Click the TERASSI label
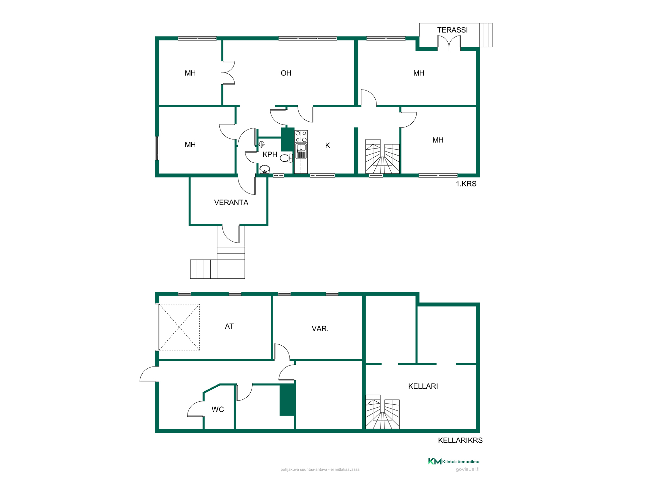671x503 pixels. (x=452, y=30)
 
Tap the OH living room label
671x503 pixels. (x=286, y=73)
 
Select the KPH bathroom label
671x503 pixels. (x=270, y=155)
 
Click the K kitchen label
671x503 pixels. (x=328, y=146)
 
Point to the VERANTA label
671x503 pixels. (x=231, y=203)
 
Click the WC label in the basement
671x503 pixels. (x=218, y=409)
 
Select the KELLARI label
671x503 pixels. (x=423, y=386)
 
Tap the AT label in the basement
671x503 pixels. (x=229, y=327)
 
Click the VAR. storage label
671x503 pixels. (x=320, y=329)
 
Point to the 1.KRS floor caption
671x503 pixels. (x=466, y=184)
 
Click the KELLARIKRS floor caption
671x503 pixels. (x=460, y=440)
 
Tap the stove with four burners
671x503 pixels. (x=301, y=136)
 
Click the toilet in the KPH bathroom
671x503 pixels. (x=286, y=158)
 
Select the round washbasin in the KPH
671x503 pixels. (x=265, y=169)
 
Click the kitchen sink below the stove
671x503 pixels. (x=301, y=151)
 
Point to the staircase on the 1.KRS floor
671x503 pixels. (x=382, y=157)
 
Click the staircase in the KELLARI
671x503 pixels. (x=382, y=412)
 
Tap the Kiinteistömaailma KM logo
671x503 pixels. (x=454, y=461)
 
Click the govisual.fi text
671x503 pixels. (x=467, y=469)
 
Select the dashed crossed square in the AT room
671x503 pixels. (x=179, y=327)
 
